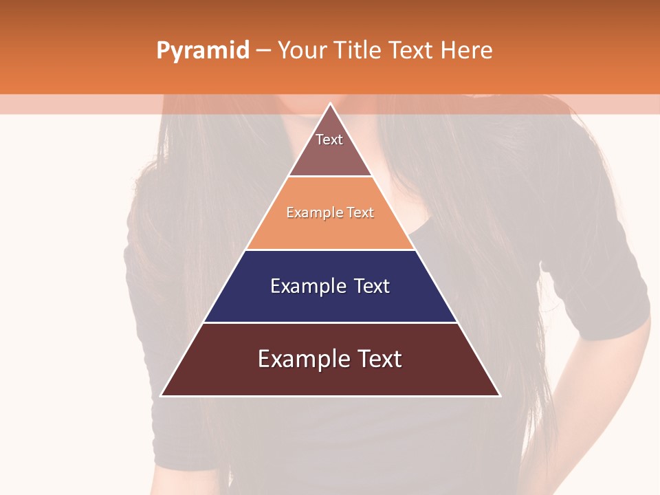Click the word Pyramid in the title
click(x=202, y=51)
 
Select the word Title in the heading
click(x=359, y=50)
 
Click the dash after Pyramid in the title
click(x=263, y=51)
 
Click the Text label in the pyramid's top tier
click(x=329, y=140)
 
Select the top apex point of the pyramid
click(x=330, y=103)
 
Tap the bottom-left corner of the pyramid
click(x=162, y=395)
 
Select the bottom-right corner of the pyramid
click(x=499, y=395)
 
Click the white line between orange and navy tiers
click(x=330, y=250)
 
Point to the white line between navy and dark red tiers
click(x=330, y=322)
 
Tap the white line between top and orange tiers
click(x=330, y=177)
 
